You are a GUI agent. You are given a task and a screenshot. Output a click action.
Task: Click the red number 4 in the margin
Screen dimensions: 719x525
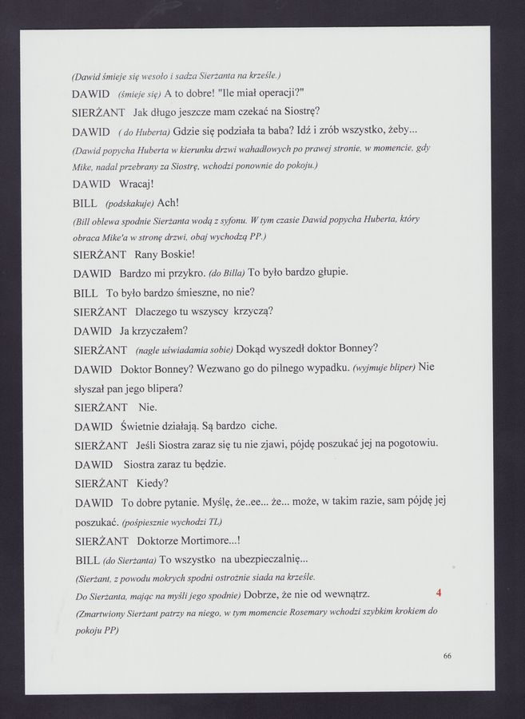tap(439, 593)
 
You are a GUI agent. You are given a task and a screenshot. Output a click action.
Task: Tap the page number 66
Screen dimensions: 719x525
tap(447, 656)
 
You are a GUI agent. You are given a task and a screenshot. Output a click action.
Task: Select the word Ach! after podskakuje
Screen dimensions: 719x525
tap(168, 203)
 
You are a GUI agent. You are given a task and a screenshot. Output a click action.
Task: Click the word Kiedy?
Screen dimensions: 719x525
tap(153, 483)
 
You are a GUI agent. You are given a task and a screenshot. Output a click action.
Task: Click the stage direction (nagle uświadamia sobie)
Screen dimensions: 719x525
tap(184, 350)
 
